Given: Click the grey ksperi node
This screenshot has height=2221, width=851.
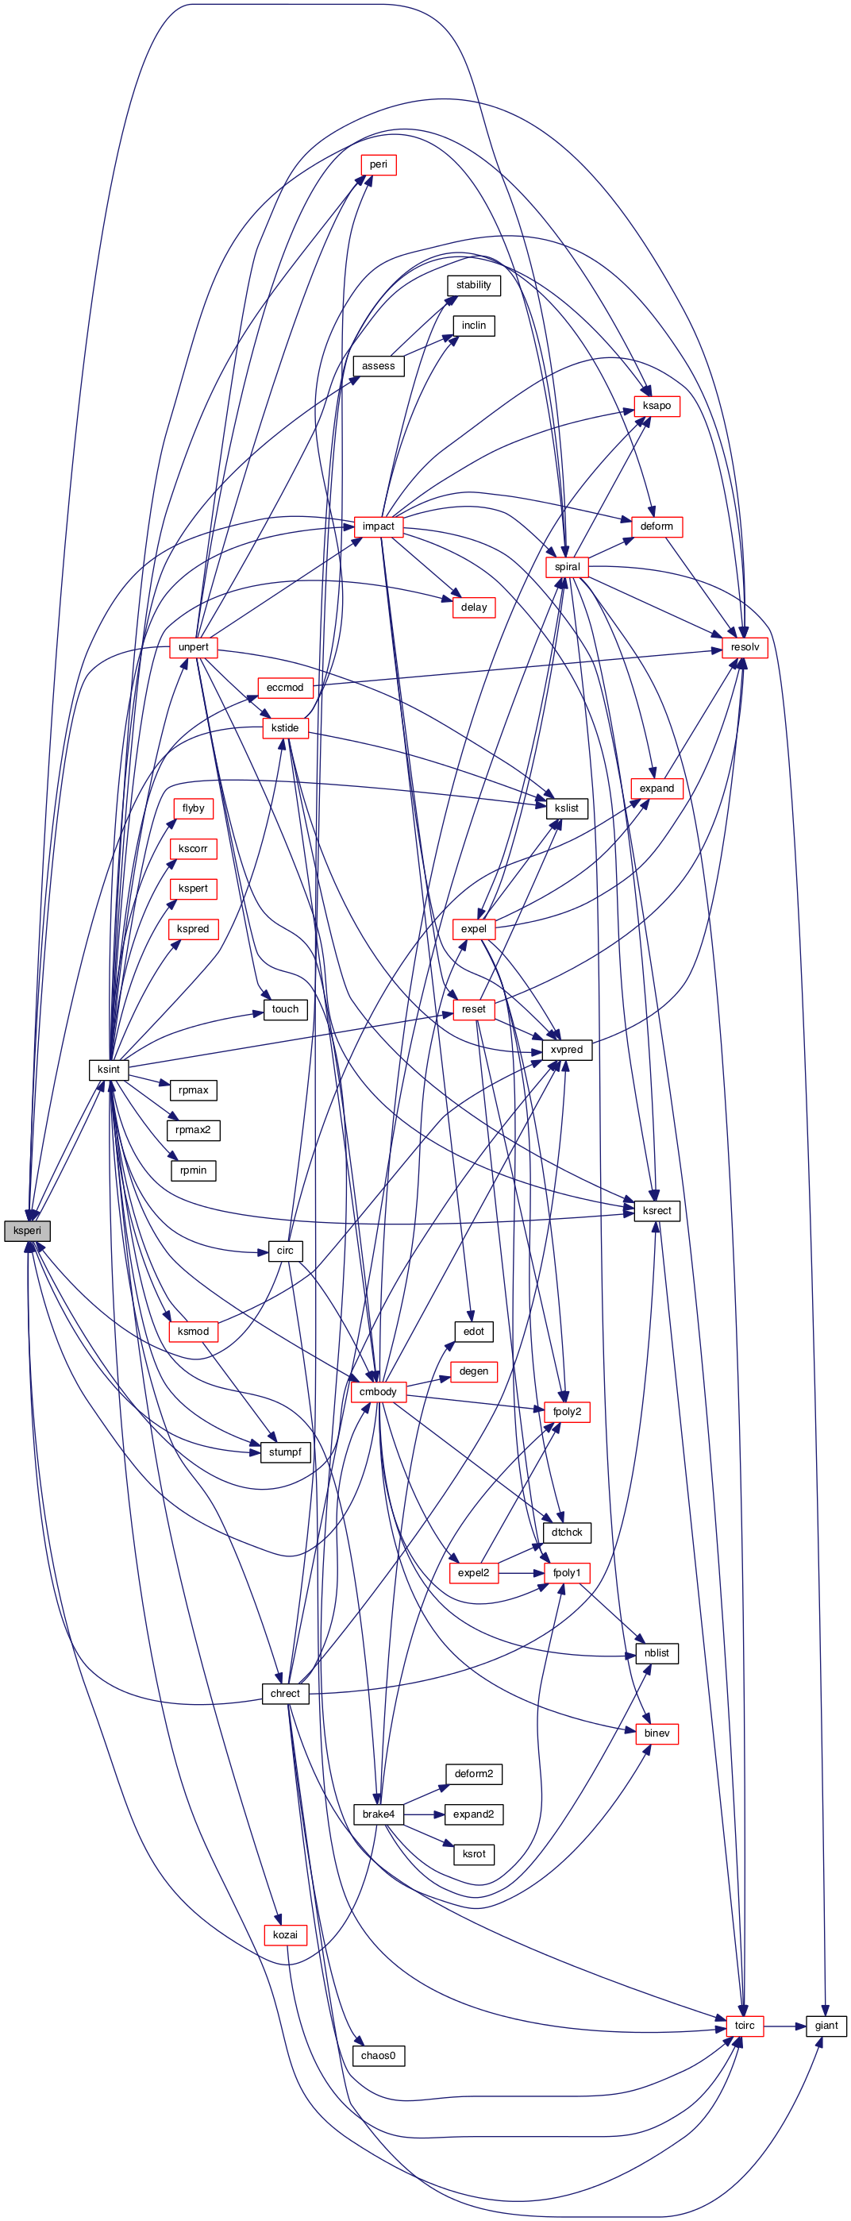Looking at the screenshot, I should [x=27, y=1230].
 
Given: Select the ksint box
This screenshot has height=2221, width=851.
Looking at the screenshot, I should [x=109, y=1069].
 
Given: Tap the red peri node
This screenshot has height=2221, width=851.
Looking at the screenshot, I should [x=378, y=164].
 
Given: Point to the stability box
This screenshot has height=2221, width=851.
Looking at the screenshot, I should [x=473, y=284].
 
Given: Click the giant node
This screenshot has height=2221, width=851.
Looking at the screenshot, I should [x=826, y=2026].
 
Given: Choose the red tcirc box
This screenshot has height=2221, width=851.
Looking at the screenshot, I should [x=744, y=2026].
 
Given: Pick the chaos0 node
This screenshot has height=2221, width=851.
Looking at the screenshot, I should [x=378, y=2056].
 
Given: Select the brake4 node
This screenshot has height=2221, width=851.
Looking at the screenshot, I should [x=378, y=1814].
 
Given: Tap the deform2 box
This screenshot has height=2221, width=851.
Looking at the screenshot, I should [x=473, y=1773].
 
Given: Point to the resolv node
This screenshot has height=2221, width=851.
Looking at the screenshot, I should [x=744, y=646].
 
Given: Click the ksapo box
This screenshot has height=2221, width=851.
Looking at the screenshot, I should [x=657, y=405].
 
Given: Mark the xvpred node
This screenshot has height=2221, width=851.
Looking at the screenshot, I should [x=567, y=1049].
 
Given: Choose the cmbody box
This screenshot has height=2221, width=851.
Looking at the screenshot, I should [x=378, y=1391].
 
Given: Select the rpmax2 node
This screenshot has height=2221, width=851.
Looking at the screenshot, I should [x=193, y=1129].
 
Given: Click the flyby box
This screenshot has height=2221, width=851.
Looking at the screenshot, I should [x=193, y=808].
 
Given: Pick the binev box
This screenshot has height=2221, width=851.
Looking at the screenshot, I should [x=657, y=1733].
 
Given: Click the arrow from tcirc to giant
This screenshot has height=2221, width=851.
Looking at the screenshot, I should [x=784, y=2026].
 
